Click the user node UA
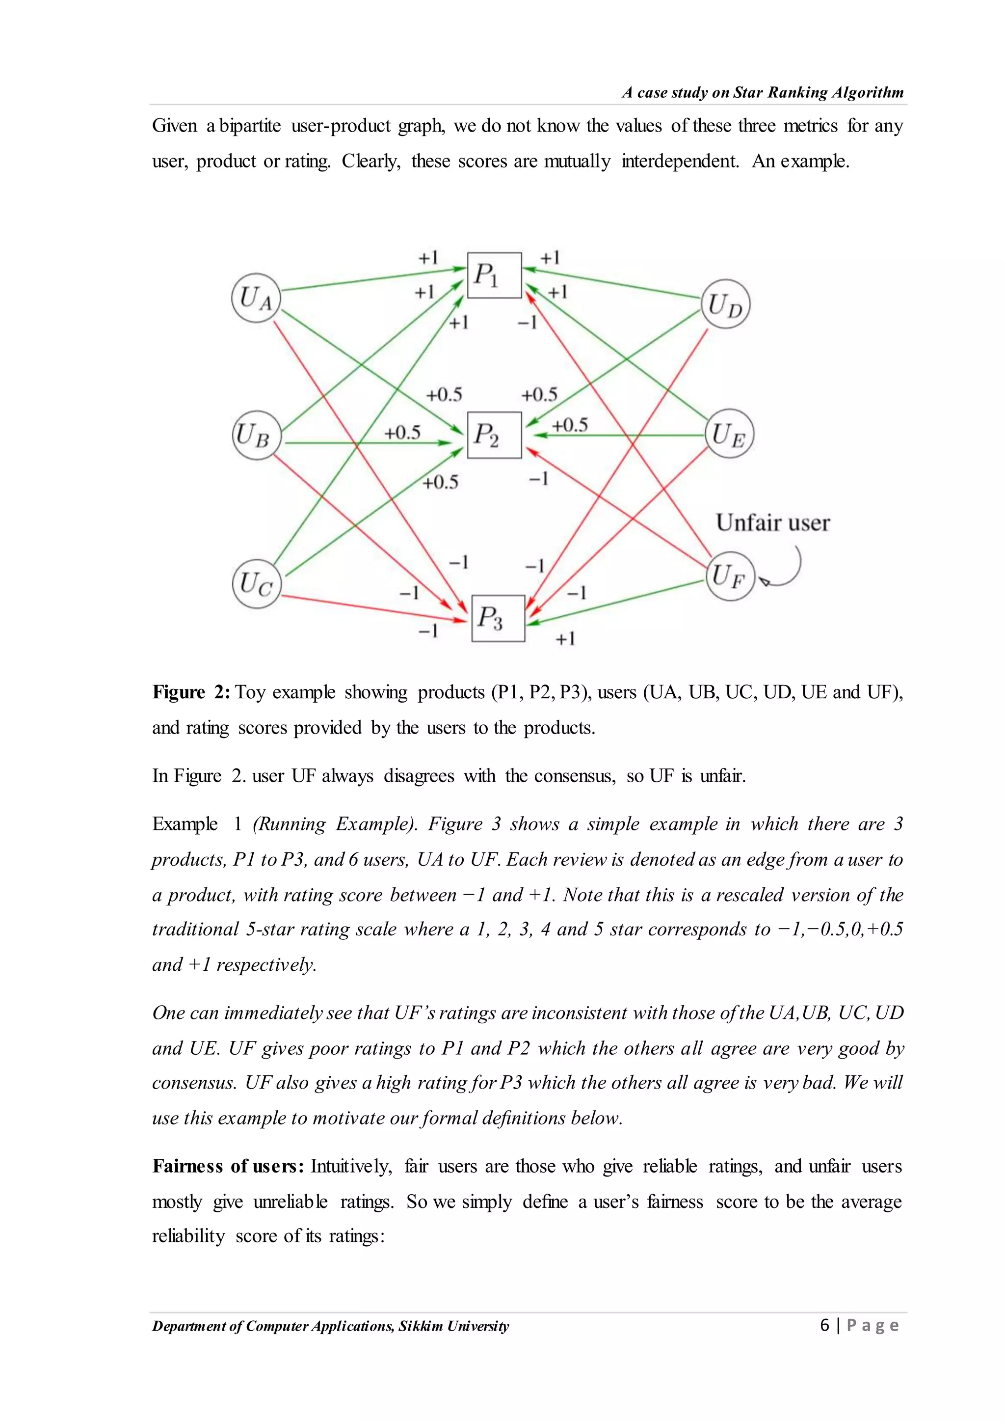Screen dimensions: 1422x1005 coord(256,298)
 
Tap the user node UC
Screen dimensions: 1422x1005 coord(257,583)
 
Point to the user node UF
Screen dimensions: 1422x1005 coord(730,576)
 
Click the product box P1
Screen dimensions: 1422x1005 coord(494,275)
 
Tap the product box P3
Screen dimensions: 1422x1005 coord(498,618)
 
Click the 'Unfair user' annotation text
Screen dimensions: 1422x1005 coord(772,523)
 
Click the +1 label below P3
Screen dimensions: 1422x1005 coord(565,638)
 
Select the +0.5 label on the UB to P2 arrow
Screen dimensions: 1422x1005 coord(402,432)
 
